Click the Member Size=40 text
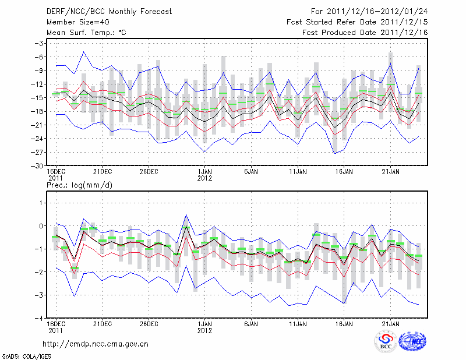[x=73, y=22]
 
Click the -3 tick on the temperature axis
[x=40, y=43]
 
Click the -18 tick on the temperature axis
[x=38, y=111]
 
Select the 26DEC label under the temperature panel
[x=149, y=172]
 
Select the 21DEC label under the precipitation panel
[x=102, y=323]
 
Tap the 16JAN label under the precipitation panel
[x=344, y=323]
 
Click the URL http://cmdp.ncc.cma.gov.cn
[x=96, y=344]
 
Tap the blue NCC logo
[x=412, y=342]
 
